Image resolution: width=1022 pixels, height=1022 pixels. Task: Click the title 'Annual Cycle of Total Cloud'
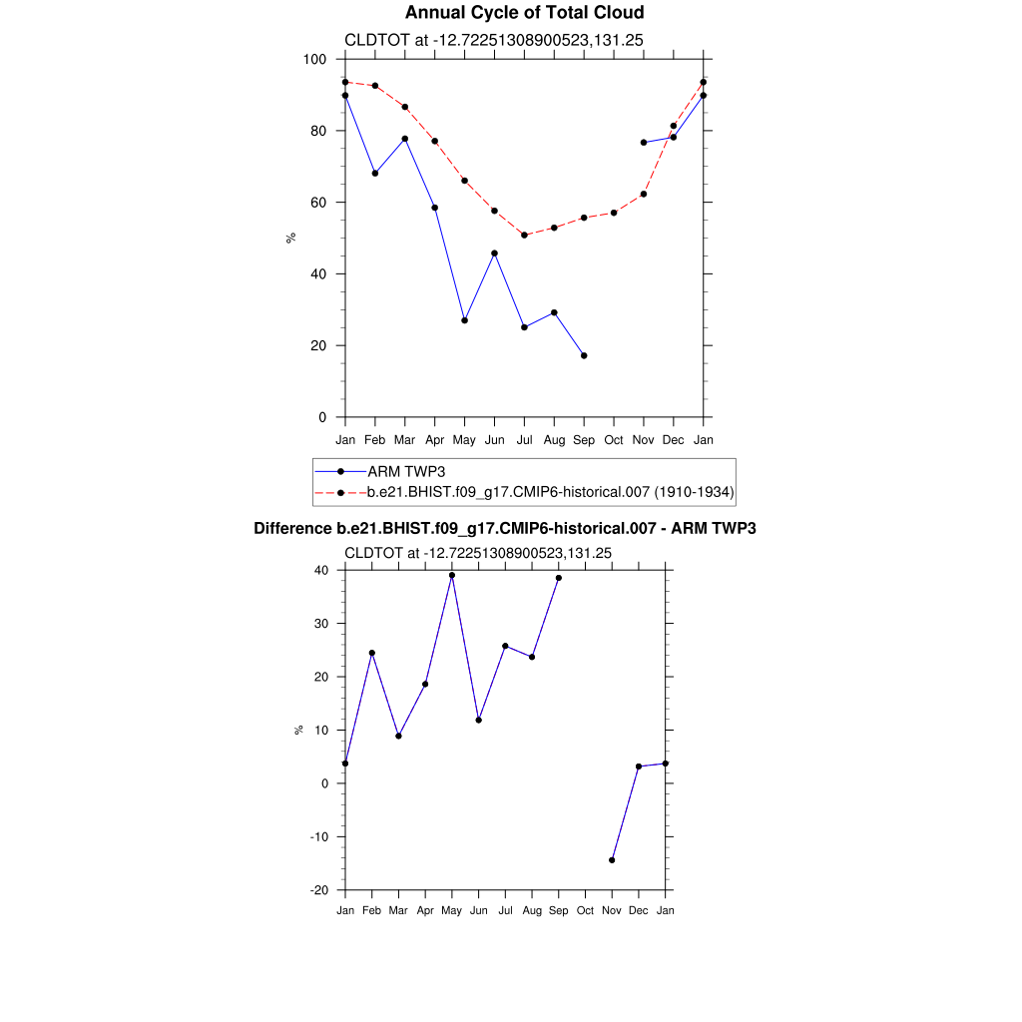click(524, 13)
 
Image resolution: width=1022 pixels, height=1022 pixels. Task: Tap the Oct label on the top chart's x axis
click(614, 440)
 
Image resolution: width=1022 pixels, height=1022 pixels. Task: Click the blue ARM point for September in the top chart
click(584, 355)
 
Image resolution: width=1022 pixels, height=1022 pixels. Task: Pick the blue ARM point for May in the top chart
click(464, 320)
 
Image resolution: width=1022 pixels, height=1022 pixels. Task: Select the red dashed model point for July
click(524, 235)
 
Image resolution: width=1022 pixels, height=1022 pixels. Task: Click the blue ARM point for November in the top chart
click(644, 143)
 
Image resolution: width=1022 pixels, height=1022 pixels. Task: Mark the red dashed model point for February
click(375, 86)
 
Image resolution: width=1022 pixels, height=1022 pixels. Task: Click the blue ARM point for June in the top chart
click(494, 254)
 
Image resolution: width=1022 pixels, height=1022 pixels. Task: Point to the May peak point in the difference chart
click(452, 575)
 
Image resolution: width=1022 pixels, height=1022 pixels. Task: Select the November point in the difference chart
click(612, 859)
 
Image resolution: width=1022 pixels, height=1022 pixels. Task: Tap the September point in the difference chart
click(559, 578)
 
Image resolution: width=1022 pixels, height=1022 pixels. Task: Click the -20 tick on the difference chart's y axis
click(321, 890)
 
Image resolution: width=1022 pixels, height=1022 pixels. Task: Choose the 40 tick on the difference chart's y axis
click(322, 570)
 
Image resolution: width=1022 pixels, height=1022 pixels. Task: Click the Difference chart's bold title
click(505, 528)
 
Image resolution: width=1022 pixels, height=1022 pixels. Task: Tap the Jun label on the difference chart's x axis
click(478, 910)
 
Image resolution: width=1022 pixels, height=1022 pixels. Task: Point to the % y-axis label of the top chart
click(291, 238)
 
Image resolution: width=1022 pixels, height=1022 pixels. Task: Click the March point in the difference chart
click(398, 736)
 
